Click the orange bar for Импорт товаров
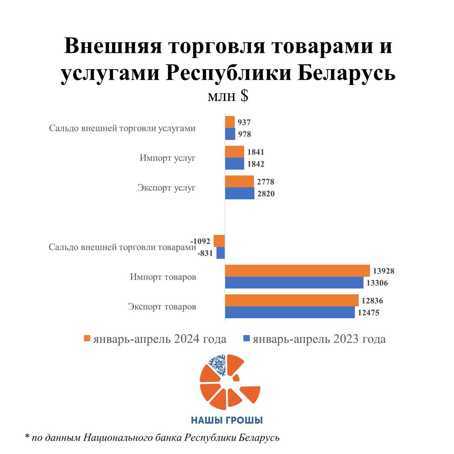click(x=297, y=271)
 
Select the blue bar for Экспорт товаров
click(x=290, y=312)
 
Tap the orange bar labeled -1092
click(x=219, y=241)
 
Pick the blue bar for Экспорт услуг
click(x=239, y=194)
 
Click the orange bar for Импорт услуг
click(x=234, y=152)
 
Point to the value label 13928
click(x=383, y=271)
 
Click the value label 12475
click(x=369, y=313)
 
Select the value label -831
click(x=205, y=253)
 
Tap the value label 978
click(x=244, y=134)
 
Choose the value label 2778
click(x=266, y=182)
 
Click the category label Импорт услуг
click(x=167, y=158)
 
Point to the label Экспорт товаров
click(x=162, y=306)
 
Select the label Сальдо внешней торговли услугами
click(x=122, y=128)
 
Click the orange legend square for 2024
click(x=87, y=339)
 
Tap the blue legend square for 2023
click(x=247, y=339)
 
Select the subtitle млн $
click(x=228, y=96)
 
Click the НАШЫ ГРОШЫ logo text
click(x=227, y=420)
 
